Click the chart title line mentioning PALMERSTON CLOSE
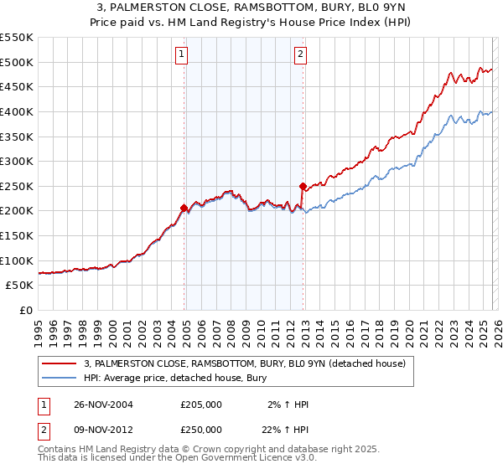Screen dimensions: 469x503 pyautogui.click(x=251, y=8)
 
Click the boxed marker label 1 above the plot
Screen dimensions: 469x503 pyautogui.click(x=182, y=55)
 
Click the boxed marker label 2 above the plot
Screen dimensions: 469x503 pyautogui.click(x=300, y=55)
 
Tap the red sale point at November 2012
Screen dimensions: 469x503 pyautogui.click(x=303, y=186)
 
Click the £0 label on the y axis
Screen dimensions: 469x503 pyautogui.click(x=25, y=310)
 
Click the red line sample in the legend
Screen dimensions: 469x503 pyautogui.click(x=60, y=363)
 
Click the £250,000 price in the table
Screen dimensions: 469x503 pyautogui.click(x=201, y=430)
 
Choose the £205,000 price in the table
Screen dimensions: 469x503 pyautogui.click(x=201, y=404)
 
